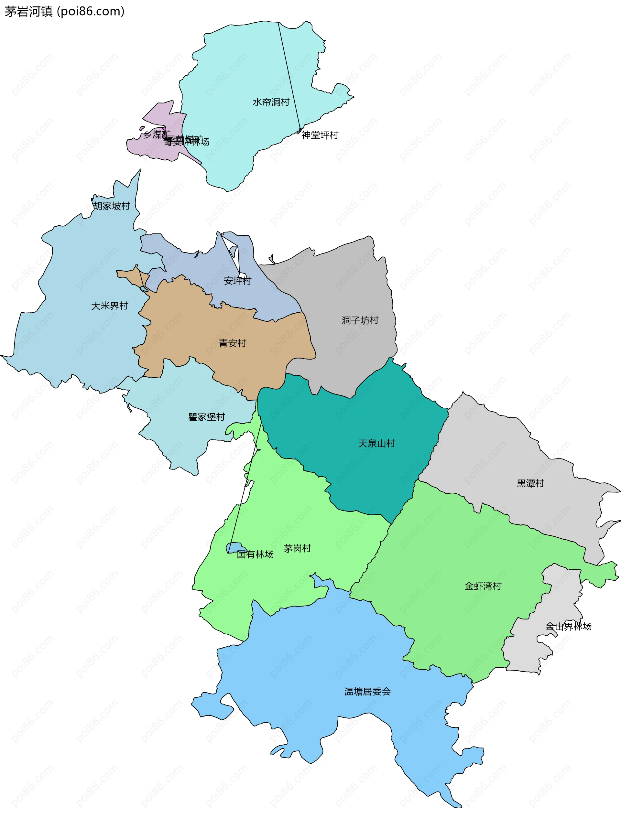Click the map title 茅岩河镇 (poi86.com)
pos(64,12)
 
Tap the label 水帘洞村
pos(271,102)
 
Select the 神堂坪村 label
pos(320,135)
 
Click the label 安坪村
pos(237,281)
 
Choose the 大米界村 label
pos(110,306)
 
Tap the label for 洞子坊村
pos(360,320)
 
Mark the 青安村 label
pos(233,343)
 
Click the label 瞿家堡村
pos(207,417)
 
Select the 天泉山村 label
pos(376,443)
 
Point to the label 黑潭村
pos(530,483)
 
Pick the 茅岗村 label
pos(297,548)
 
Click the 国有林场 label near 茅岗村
pos(255,554)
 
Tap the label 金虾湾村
pos(483,586)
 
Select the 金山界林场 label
pos(569,626)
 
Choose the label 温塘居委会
pos(367,692)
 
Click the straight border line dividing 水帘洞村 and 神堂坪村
pos(289,75)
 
